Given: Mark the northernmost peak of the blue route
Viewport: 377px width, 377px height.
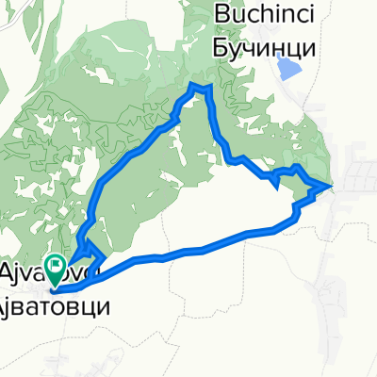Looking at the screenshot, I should pyautogui.click(x=198, y=86).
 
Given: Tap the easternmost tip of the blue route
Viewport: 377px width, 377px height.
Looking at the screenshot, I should pyautogui.click(x=330, y=186).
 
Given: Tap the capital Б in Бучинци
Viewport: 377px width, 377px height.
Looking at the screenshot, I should pyautogui.click(x=222, y=44).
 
